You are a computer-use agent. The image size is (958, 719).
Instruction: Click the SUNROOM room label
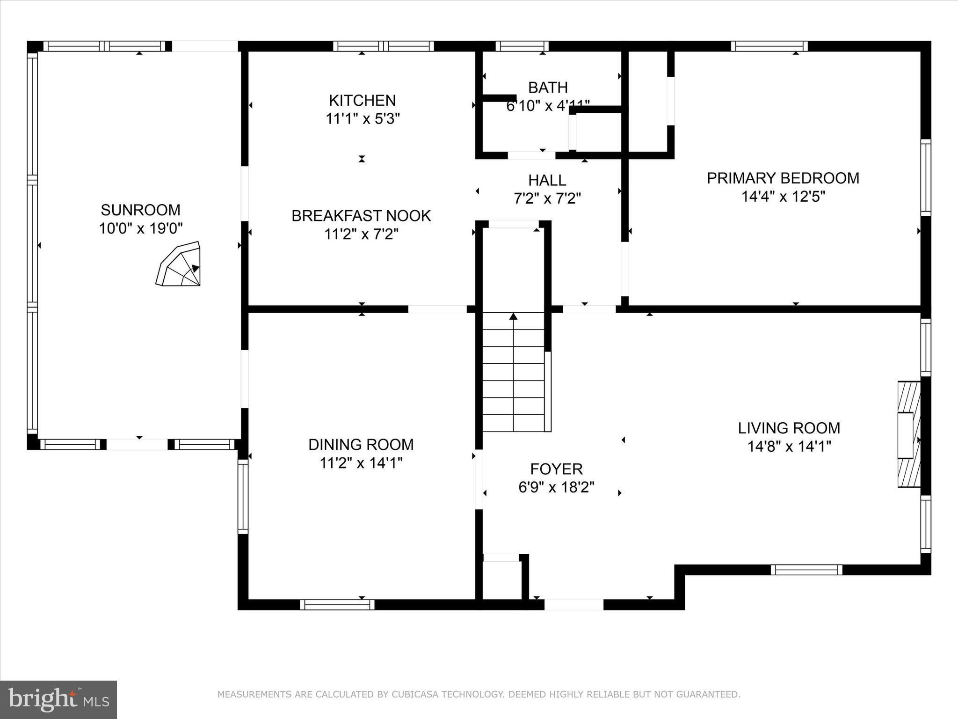point(140,210)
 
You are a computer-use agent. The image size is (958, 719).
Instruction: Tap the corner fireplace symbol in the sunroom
point(180,265)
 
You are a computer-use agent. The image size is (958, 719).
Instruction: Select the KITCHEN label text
point(362,100)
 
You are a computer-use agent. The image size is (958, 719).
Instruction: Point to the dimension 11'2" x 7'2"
point(361,234)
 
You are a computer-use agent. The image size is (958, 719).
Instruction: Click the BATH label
point(548,88)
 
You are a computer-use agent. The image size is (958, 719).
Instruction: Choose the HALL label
point(547,180)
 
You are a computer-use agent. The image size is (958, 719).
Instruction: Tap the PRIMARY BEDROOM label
point(783,178)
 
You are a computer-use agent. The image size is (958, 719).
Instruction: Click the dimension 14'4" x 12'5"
point(783,197)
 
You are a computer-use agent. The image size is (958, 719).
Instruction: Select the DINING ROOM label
point(361,444)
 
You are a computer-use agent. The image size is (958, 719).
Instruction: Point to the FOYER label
point(556,469)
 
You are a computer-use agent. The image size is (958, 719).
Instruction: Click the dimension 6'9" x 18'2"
point(556,488)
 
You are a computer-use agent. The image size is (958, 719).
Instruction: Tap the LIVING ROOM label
point(789,428)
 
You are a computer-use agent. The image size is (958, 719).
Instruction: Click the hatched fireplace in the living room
point(908,434)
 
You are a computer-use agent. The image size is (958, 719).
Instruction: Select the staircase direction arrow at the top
point(513,317)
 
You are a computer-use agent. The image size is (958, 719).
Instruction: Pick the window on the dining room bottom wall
point(337,605)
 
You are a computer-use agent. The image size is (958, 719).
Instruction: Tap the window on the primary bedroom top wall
point(769,46)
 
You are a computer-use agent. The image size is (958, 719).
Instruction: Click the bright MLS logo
point(58,699)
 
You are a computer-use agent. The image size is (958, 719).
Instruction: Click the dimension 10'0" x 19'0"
point(140,228)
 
